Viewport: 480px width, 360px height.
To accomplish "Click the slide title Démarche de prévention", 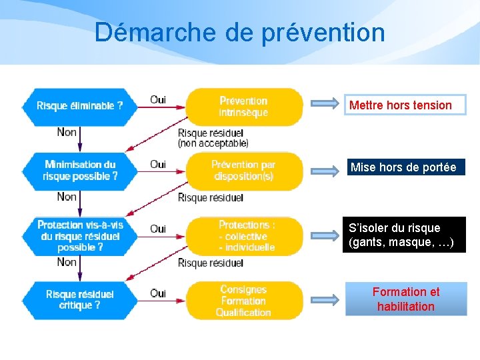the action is click(x=239, y=31).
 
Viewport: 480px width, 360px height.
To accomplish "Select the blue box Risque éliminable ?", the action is click(x=79, y=105).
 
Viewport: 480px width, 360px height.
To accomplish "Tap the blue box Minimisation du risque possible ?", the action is click(x=79, y=171).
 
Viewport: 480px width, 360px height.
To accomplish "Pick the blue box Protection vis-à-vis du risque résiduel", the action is click(x=79, y=235).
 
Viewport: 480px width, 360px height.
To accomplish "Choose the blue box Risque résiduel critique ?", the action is click(x=79, y=299).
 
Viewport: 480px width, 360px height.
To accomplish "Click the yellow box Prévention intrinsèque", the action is click(x=244, y=107).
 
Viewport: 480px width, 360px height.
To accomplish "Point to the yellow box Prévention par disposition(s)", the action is click(x=244, y=171).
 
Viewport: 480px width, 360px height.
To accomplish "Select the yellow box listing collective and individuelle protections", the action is click(x=244, y=236).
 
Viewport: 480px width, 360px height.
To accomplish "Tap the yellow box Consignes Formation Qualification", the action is click(x=244, y=301).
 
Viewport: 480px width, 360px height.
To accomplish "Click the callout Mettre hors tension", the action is click(x=405, y=105).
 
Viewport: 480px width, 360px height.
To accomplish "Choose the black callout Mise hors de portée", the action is click(x=404, y=167).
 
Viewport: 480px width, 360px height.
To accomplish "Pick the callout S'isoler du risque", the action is click(x=404, y=235).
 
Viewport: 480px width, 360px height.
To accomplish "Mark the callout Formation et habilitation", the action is click(x=405, y=299).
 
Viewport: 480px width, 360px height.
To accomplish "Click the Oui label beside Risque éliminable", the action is click(x=158, y=100).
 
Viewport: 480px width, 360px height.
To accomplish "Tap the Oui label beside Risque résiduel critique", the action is click(x=158, y=293).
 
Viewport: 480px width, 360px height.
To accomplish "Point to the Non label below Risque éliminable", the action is click(x=67, y=132).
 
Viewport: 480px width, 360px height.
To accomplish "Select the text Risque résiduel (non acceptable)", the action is click(x=213, y=138).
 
